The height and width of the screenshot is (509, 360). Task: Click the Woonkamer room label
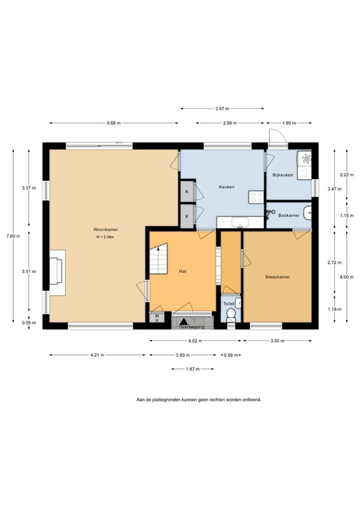[x=105, y=229]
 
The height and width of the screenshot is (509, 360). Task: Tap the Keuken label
[x=227, y=186]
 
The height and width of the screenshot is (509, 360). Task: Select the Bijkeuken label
[x=282, y=175]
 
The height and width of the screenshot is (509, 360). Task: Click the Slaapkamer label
[x=278, y=277]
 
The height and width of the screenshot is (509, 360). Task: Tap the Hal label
[x=182, y=271]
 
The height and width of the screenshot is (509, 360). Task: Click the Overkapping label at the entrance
[x=191, y=327]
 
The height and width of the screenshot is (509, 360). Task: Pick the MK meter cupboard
[x=156, y=317]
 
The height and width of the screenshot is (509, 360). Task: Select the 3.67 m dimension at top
[x=222, y=109]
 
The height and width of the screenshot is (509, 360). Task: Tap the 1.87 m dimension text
[x=193, y=369]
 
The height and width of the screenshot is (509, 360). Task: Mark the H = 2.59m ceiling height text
[x=105, y=237]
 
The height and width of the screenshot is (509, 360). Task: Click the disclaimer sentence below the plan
[x=199, y=400]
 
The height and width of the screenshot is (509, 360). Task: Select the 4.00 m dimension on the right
[x=339, y=276]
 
